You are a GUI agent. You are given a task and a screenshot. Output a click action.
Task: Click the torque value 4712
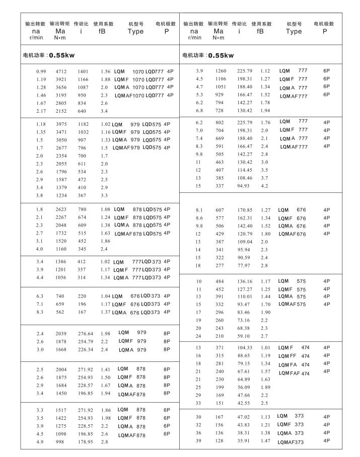(x=61, y=71)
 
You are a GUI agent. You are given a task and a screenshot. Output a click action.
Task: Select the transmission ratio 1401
(x=83, y=71)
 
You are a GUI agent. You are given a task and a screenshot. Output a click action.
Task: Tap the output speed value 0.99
(x=41, y=71)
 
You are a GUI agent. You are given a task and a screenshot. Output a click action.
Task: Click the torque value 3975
(x=61, y=124)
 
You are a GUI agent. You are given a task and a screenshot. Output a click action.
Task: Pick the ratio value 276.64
(x=86, y=333)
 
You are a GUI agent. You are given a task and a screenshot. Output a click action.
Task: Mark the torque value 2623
(x=61, y=209)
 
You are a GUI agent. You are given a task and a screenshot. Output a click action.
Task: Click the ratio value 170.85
(x=245, y=210)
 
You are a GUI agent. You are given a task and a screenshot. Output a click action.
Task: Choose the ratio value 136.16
(x=245, y=281)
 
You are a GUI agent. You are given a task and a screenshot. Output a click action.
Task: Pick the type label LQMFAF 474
(x=295, y=373)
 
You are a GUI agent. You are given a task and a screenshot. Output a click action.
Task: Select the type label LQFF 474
(x=295, y=356)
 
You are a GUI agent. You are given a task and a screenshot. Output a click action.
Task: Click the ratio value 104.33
(x=245, y=348)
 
